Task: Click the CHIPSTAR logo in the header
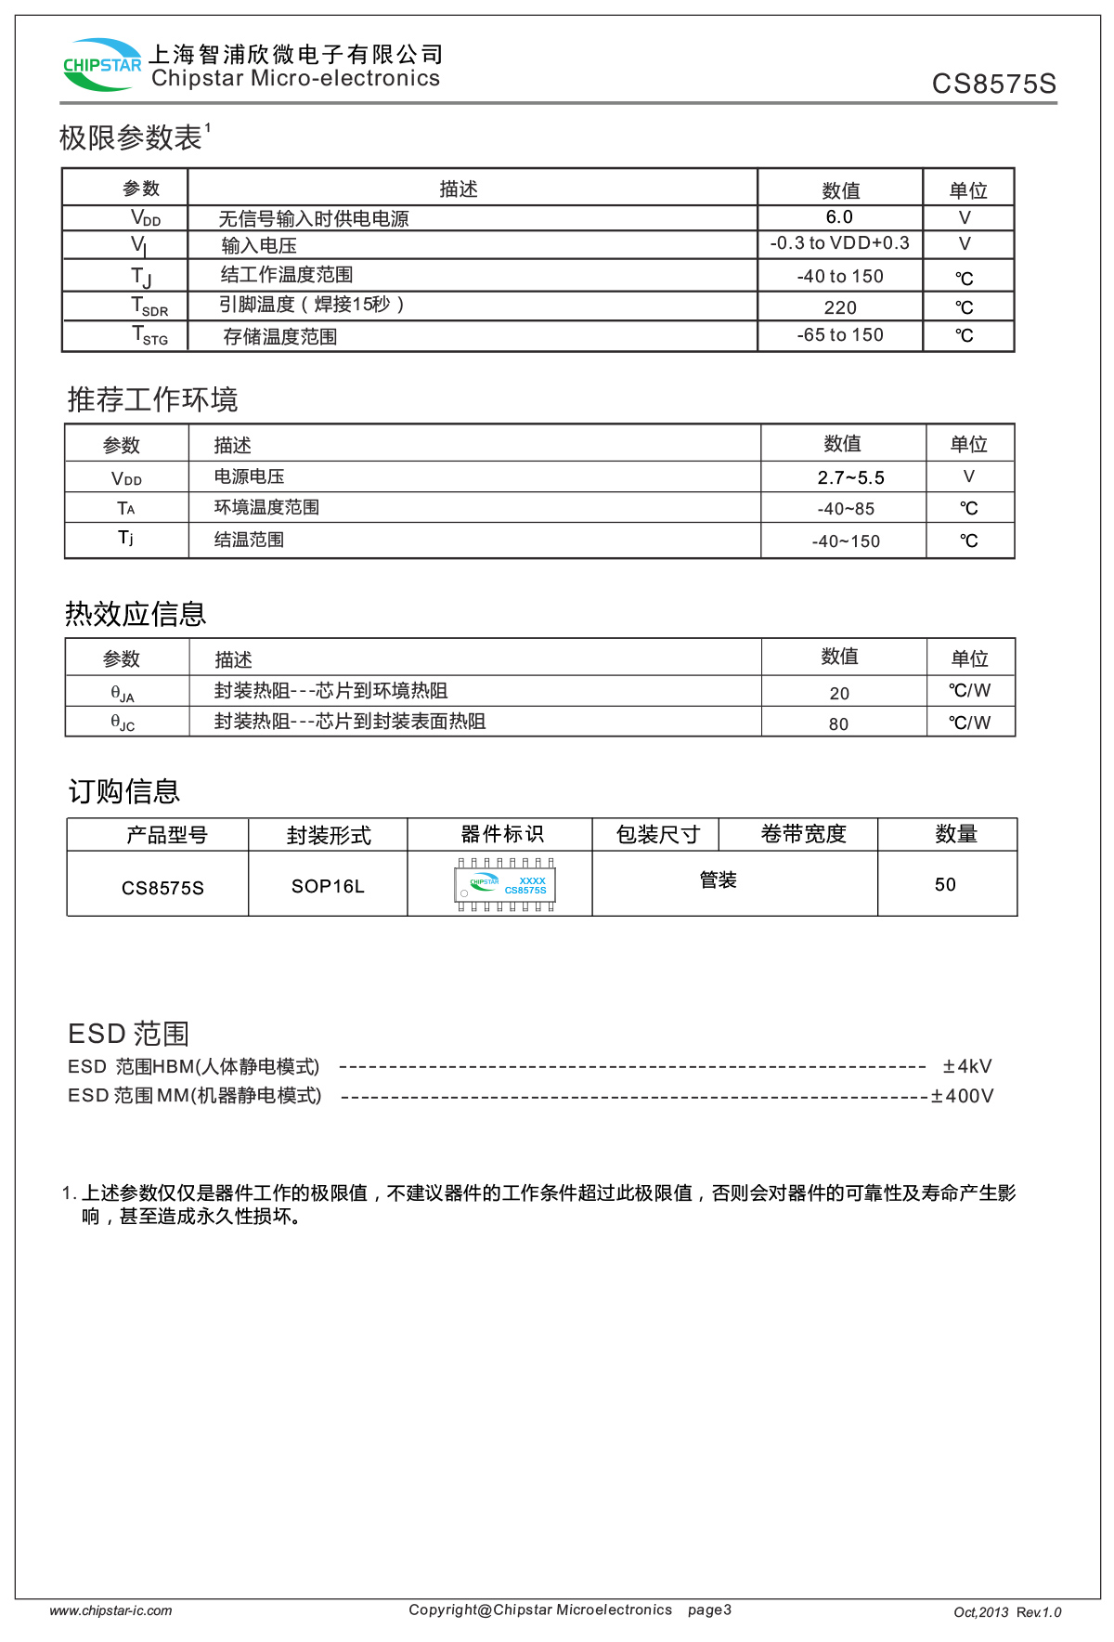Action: click(102, 64)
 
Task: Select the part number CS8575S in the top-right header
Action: click(993, 85)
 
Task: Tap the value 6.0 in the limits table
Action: click(839, 217)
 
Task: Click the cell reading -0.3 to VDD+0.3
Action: click(839, 243)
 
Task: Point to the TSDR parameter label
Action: click(149, 306)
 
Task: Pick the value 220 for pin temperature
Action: click(840, 307)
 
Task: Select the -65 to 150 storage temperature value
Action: click(840, 335)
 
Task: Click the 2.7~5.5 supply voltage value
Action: click(850, 477)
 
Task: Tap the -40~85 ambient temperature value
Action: click(846, 509)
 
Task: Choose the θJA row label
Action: click(123, 693)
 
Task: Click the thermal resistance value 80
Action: click(838, 724)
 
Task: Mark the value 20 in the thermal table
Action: click(839, 694)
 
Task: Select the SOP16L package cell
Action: click(328, 886)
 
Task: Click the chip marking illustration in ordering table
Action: click(505, 885)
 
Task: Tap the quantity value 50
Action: click(945, 884)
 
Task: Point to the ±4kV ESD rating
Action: click(967, 1066)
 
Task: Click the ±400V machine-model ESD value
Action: click(963, 1096)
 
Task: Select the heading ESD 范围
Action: click(128, 1034)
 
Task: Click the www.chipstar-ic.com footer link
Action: click(110, 1610)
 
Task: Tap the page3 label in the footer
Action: click(709, 1609)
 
